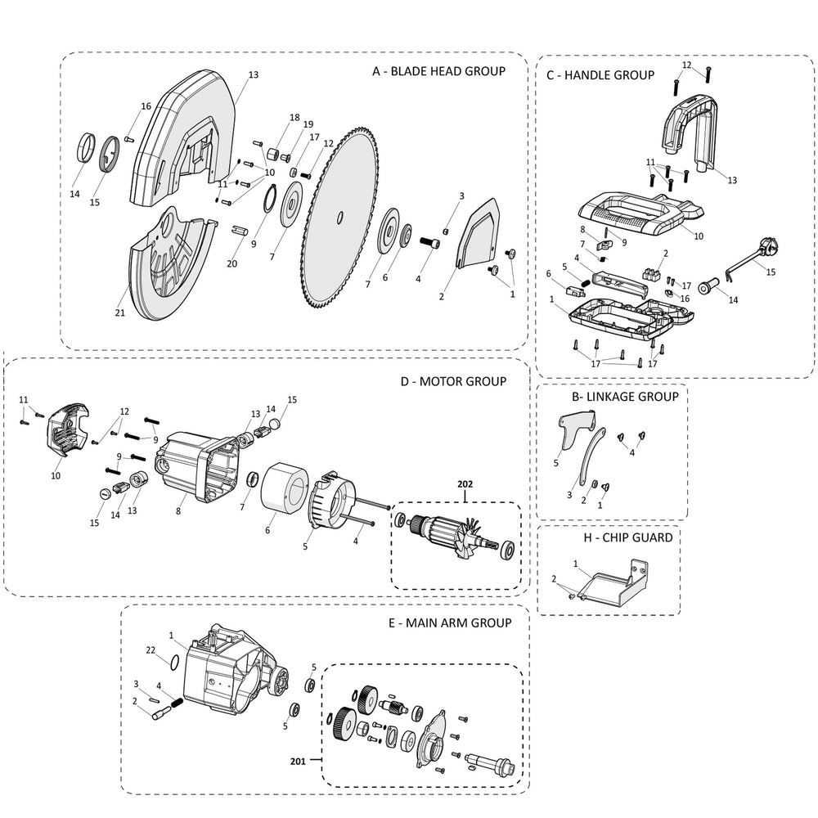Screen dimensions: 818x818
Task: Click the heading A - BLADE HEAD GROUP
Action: coord(438,71)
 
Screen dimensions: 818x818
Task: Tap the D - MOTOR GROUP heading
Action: coord(453,380)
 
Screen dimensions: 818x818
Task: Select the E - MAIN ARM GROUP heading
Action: coord(450,622)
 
